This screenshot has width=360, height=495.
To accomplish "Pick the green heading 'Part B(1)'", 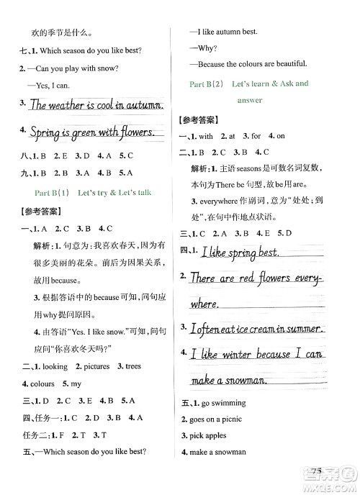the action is click(x=51, y=192).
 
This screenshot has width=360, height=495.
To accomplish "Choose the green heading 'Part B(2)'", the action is click(x=206, y=84).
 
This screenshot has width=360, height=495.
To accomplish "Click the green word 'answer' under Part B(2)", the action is click(x=249, y=100).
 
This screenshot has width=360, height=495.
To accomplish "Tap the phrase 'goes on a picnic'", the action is click(x=215, y=419).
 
